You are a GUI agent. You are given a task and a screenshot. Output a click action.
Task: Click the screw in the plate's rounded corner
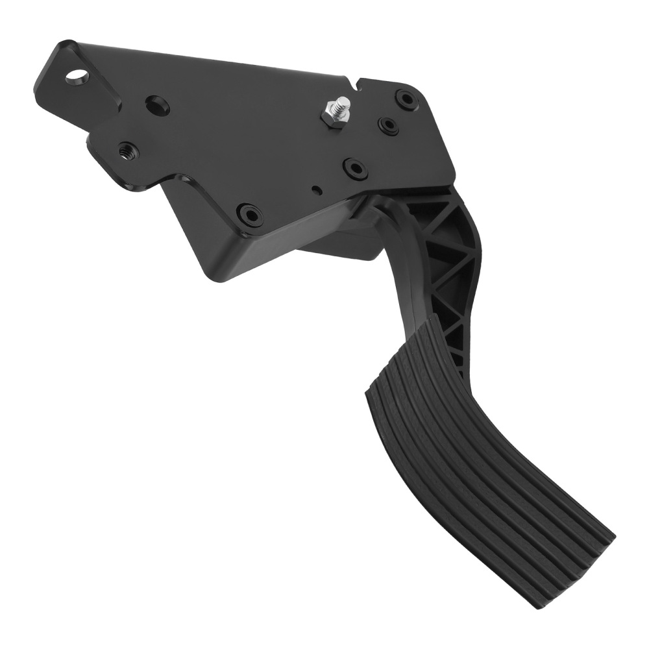coord(408,99)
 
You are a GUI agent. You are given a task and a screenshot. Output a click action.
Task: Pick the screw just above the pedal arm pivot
coord(355,167)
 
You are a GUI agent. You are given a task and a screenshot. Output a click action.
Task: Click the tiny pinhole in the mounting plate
coord(315,190)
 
